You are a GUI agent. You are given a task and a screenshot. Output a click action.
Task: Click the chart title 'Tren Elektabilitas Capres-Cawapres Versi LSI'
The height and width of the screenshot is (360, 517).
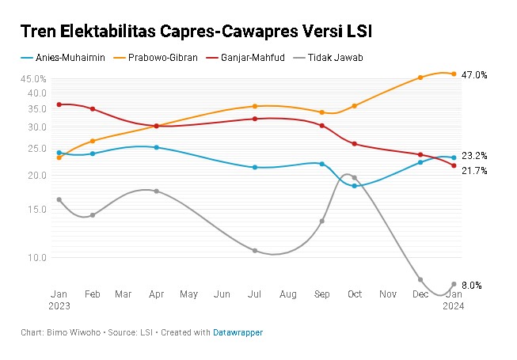tap(196, 32)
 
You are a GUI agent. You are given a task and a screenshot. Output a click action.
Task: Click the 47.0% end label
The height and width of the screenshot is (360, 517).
tap(474, 75)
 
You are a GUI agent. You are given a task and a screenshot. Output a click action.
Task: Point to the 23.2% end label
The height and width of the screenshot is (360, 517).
tap(474, 156)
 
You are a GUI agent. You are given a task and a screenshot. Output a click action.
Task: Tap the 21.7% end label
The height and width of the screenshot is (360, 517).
tap(474, 171)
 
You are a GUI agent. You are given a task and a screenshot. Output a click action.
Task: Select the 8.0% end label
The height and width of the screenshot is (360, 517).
tap(472, 285)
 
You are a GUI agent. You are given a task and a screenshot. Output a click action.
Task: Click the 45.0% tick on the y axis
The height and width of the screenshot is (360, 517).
tap(34, 79)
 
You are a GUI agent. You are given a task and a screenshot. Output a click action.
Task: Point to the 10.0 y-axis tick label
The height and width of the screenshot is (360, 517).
tap(38, 258)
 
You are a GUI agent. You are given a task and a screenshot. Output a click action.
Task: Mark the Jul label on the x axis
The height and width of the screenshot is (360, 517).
tap(254, 294)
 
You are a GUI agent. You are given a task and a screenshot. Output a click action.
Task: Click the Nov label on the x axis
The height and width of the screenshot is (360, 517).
tap(388, 294)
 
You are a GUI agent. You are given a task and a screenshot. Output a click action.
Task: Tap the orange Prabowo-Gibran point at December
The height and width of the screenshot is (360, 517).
tap(420, 78)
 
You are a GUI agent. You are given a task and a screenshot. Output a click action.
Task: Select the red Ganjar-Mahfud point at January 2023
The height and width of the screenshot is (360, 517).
tap(59, 104)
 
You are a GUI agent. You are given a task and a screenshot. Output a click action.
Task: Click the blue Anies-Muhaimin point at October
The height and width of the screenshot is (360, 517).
tap(354, 186)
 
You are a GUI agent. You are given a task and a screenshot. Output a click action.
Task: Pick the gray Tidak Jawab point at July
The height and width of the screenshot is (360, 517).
tap(255, 251)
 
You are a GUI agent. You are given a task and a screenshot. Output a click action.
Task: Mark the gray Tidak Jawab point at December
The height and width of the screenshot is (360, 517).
tap(420, 280)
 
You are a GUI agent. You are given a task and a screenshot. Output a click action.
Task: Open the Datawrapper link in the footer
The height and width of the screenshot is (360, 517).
tap(238, 333)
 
